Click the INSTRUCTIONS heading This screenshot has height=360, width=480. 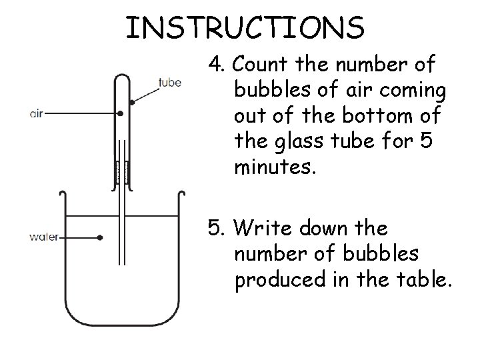point(245,27)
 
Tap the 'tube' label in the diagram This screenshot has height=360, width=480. point(170,83)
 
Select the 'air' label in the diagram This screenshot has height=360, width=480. point(37,114)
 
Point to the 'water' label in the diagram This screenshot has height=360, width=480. point(44,237)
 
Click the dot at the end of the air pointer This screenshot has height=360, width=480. point(121,113)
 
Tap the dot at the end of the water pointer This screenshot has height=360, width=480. point(100,237)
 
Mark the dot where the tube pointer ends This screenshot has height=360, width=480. point(132,102)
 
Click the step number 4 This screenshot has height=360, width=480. point(216,64)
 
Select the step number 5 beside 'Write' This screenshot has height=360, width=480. point(216,227)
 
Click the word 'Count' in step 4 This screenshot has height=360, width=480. point(259,64)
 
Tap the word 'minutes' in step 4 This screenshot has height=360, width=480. point(275,167)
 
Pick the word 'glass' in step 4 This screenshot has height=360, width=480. point(299,142)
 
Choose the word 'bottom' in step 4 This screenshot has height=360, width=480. point(377,115)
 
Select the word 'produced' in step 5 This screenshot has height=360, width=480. point(281,280)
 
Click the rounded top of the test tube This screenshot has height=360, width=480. point(122,75)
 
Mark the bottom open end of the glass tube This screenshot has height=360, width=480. point(122,264)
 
